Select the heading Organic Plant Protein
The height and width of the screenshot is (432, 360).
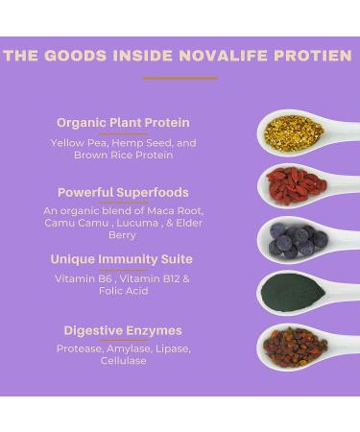[123, 123]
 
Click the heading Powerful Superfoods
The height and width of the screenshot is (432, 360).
[123, 193]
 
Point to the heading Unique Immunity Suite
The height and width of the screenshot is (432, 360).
[122, 259]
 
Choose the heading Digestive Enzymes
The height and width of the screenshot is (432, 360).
[123, 331]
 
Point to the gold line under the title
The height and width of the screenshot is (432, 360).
[180, 79]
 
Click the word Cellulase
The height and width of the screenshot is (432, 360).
[123, 361]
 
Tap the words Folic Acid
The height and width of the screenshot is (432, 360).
[123, 291]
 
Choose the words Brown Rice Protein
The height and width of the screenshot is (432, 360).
[123, 155]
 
